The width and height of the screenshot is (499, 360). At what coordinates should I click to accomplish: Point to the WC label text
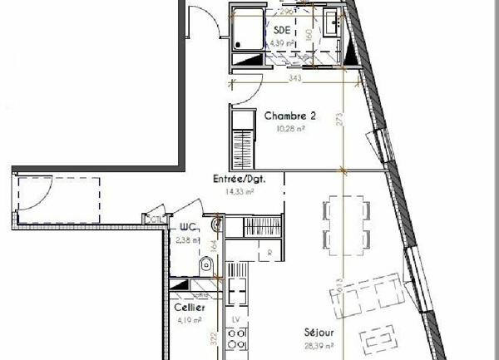tap(187, 227)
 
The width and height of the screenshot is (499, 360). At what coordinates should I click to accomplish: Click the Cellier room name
tap(190, 307)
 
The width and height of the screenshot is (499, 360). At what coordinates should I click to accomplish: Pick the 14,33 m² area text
tap(239, 191)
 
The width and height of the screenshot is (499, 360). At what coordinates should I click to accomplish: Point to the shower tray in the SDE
tap(247, 32)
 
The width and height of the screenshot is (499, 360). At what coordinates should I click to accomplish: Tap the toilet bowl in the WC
tap(205, 264)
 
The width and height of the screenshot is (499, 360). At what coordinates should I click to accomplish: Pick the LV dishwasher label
tap(235, 319)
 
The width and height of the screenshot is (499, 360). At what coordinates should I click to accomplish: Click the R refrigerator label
tap(270, 252)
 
